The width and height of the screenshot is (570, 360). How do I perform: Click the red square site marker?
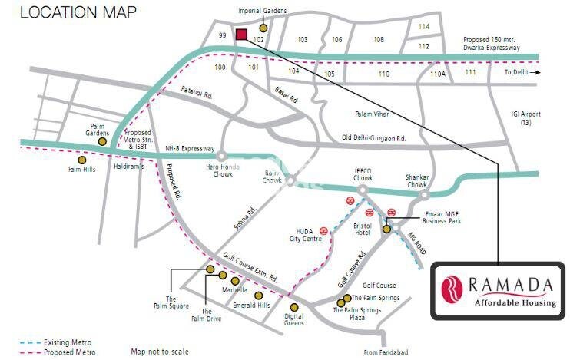tap(241, 35)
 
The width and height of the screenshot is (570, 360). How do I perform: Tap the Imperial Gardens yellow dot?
tap(263, 28)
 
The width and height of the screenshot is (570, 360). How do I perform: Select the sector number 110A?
tap(437, 74)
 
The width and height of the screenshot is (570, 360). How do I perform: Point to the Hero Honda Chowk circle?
tap(221, 156)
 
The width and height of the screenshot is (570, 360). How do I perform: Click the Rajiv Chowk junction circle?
tap(291, 180)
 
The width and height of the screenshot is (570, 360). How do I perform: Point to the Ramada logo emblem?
tap(449, 288)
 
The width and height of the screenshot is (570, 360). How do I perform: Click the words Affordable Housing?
tap(515, 302)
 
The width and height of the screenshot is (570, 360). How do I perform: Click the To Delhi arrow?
tap(536, 72)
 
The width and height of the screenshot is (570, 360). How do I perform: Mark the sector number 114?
tap(424, 27)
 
